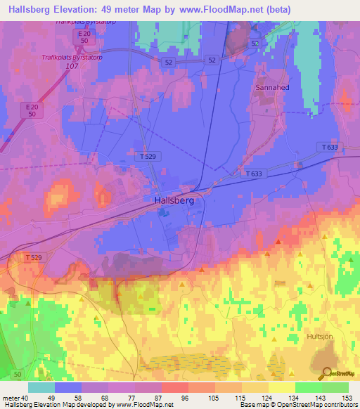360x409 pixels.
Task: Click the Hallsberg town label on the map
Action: click(173, 200)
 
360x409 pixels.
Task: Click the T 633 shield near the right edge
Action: click(329, 147)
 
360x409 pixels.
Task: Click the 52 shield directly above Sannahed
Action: click(255, 43)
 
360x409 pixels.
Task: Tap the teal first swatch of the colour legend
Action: click(41, 387)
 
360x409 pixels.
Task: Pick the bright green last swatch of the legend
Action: click(335, 387)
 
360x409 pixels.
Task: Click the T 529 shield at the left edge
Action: click(32, 257)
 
